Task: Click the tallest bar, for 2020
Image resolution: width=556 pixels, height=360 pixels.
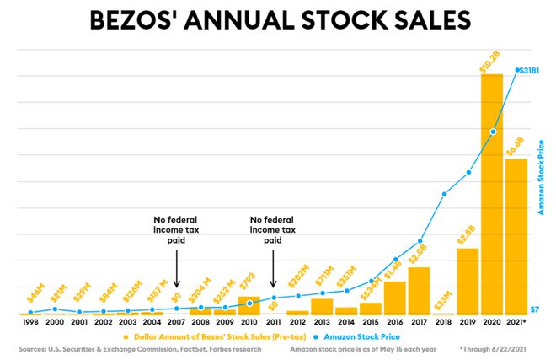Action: pyautogui.click(x=492, y=194)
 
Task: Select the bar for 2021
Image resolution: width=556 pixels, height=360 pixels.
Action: pyautogui.click(x=516, y=236)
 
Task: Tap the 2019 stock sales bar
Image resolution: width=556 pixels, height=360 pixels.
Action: pyautogui.click(x=468, y=281)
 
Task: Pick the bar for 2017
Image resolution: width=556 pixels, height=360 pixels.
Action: pyautogui.click(x=419, y=290)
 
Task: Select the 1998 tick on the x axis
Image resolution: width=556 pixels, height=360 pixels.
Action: pyautogui.click(x=30, y=322)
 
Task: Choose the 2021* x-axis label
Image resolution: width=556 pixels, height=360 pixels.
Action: pyautogui.click(x=516, y=322)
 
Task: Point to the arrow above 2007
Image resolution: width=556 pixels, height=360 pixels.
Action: pyautogui.click(x=176, y=267)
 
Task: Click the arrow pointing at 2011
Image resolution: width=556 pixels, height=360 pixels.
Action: pyautogui.click(x=273, y=267)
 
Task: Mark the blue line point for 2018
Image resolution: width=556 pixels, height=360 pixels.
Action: pyautogui.click(x=444, y=194)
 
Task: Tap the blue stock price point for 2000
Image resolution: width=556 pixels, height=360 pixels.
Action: pyautogui.click(x=55, y=309)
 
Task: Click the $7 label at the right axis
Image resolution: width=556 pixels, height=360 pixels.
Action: pyautogui.click(x=534, y=310)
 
